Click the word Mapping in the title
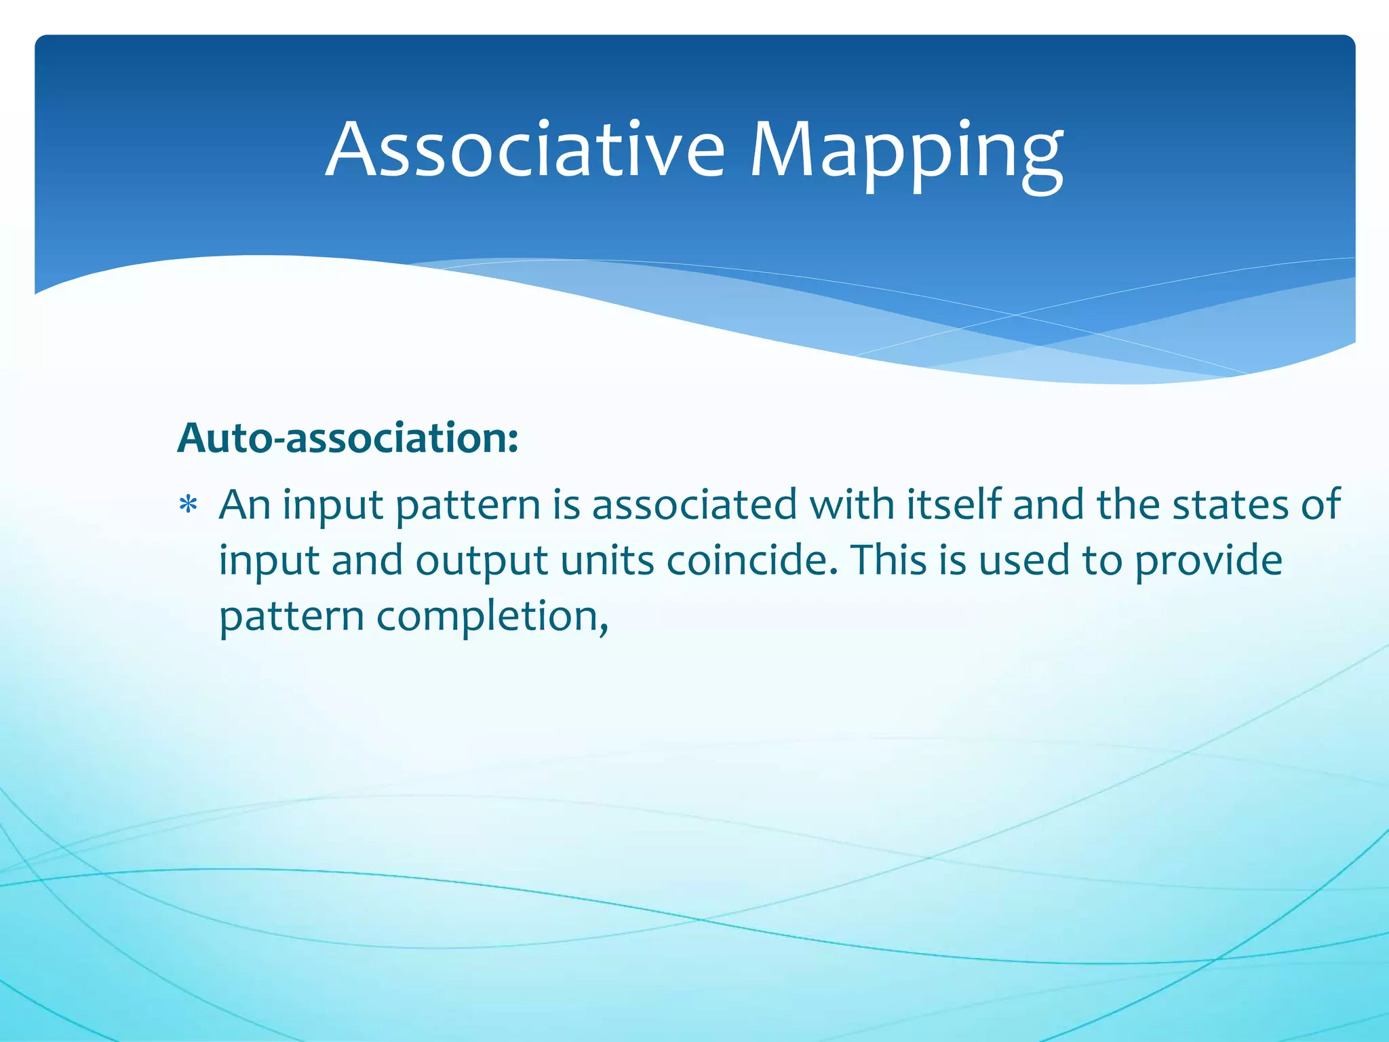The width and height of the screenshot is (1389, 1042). point(905,153)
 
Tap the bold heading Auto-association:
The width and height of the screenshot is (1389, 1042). point(347,438)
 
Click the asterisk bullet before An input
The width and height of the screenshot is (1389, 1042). point(188,507)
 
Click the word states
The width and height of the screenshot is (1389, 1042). point(1230,505)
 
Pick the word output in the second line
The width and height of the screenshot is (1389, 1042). point(482,561)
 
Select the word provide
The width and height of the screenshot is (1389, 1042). point(1208,562)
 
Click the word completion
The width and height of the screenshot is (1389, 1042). point(492,617)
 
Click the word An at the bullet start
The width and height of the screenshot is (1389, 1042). point(244,505)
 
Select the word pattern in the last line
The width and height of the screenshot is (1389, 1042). point(291,618)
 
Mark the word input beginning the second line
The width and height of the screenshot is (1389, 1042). point(269,562)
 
